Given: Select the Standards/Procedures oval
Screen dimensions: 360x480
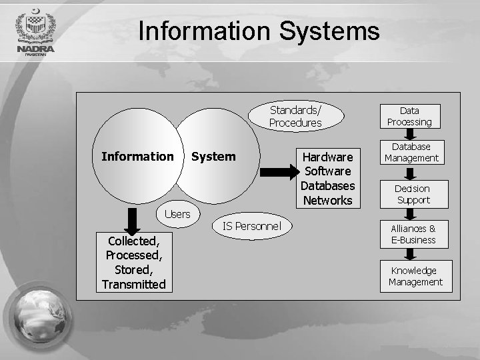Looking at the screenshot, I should (x=295, y=117).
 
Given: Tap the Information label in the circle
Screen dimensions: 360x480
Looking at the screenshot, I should (x=137, y=157).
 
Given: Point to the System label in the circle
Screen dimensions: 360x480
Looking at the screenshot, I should (x=213, y=157).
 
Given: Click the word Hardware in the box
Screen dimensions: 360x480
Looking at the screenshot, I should (x=327, y=157).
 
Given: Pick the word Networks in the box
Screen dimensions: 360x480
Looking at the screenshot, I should (x=327, y=200).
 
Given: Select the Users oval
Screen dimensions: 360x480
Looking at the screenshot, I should (x=177, y=214).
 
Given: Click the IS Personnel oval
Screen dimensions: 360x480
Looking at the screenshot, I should (x=252, y=227).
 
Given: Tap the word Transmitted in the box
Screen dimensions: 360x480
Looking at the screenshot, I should (x=133, y=285).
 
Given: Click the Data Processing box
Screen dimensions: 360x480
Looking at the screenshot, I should (x=410, y=116).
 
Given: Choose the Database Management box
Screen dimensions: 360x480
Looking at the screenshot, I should (x=411, y=152).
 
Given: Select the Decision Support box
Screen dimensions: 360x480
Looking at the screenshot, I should (x=413, y=194).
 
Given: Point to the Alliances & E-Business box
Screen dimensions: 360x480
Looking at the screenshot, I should (x=413, y=234).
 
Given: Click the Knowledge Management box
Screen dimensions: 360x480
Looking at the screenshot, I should (x=416, y=276).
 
